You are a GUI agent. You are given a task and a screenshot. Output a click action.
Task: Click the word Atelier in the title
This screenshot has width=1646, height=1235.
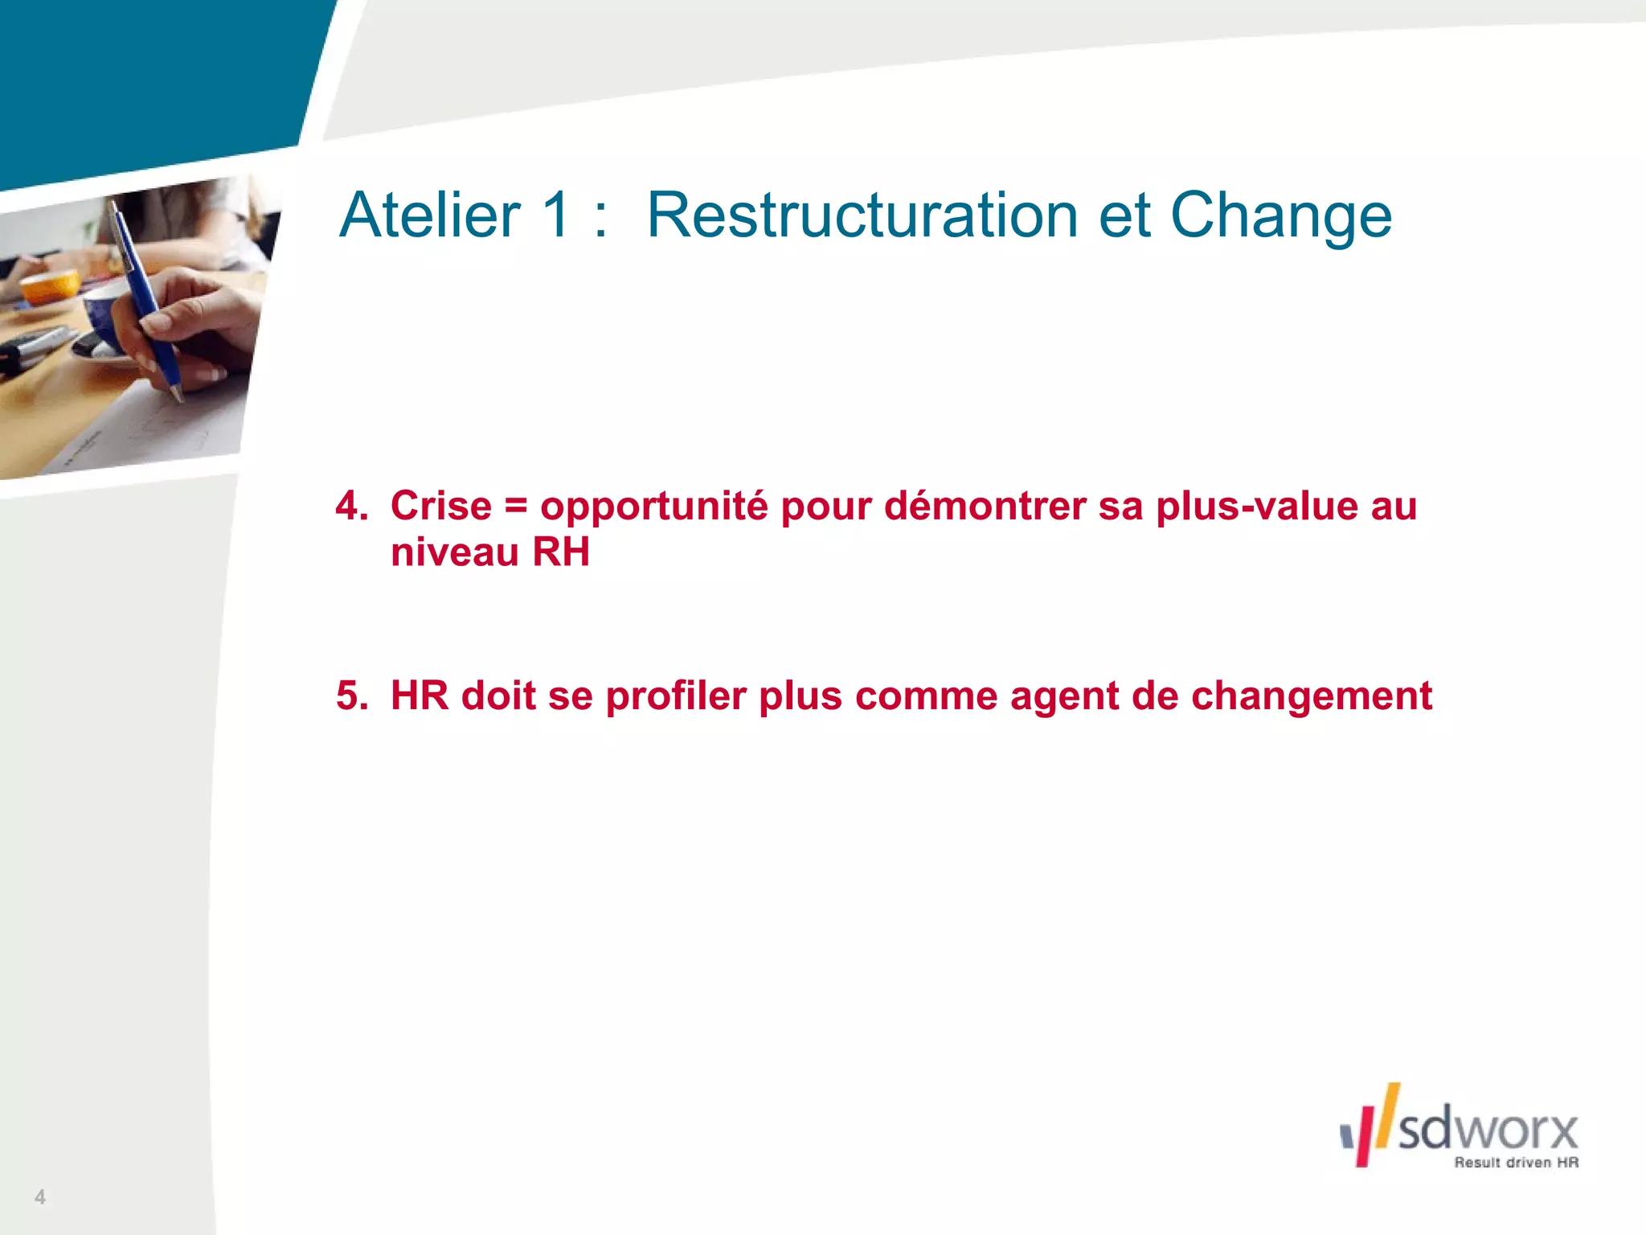tap(430, 215)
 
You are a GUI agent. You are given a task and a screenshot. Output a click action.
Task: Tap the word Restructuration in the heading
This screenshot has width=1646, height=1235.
tap(862, 215)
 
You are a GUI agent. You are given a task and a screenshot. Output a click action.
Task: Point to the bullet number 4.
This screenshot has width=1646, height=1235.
tap(350, 507)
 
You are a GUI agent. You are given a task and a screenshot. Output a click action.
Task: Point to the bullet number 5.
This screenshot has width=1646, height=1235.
tap(351, 696)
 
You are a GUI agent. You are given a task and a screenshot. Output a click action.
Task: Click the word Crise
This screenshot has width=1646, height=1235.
tap(440, 507)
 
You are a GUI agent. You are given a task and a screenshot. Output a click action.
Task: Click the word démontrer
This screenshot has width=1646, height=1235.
tap(984, 507)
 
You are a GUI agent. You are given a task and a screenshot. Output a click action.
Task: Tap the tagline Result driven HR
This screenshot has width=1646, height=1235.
tap(1516, 1163)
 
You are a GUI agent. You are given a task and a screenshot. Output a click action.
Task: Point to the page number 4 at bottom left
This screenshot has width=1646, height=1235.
tap(40, 1196)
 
